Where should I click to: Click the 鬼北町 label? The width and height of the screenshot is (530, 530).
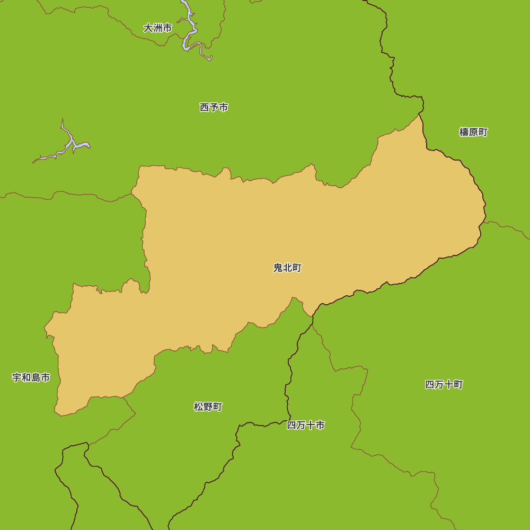point(287,268)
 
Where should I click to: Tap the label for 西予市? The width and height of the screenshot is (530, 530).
point(214,107)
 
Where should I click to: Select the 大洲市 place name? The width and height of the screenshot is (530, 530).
point(157,28)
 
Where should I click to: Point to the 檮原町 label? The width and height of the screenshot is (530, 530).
point(473,132)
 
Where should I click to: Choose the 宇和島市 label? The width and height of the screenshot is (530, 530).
point(31,377)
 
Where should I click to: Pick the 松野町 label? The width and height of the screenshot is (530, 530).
point(208,407)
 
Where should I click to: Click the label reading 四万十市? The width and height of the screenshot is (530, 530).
point(306,425)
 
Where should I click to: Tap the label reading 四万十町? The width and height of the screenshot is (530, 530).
point(444,384)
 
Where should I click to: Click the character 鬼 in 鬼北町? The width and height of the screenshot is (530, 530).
point(278,268)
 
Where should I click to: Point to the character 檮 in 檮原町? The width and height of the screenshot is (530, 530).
point(464,132)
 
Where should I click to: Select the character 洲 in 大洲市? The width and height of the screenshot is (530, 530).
point(157,28)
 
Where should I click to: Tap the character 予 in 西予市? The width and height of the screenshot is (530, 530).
point(214,107)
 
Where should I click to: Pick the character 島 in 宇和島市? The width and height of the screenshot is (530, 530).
point(36,377)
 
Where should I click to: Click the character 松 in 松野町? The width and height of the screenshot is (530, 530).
point(198,407)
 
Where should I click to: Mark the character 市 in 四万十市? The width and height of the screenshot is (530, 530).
point(320,425)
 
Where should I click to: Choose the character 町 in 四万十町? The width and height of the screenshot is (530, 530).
point(458,384)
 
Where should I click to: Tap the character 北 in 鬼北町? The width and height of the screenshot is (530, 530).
point(287,268)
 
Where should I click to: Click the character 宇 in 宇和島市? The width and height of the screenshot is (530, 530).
point(17,377)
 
